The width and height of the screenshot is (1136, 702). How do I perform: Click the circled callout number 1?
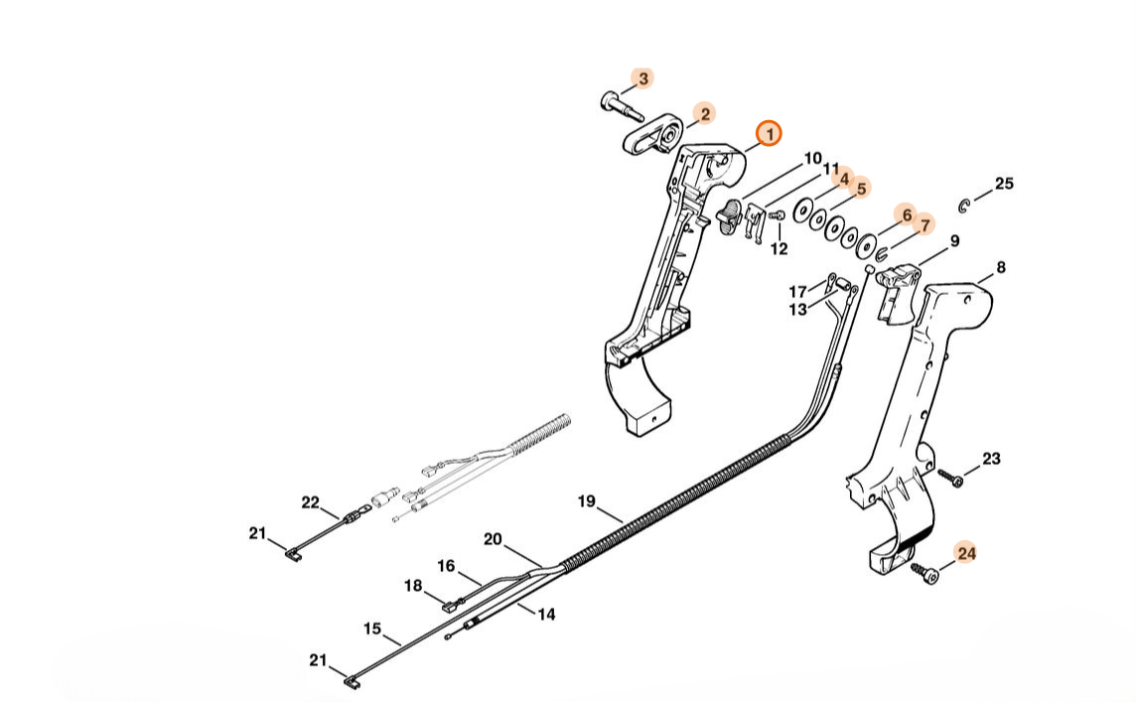[x=770, y=133]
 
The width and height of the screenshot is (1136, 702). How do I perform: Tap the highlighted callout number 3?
[x=643, y=77]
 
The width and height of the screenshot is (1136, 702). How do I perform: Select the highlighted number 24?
[x=966, y=553]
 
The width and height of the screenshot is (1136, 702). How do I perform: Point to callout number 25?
[x=1004, y=184]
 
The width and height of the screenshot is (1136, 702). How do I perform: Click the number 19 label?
[x=586, y=501]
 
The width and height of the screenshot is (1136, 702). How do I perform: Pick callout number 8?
[x=1000, y=267]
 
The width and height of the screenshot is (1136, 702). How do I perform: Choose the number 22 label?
[x=310, y=502]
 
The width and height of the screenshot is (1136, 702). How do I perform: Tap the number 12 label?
[x=780, y=248]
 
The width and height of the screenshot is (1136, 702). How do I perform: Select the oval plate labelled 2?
[x=652, y=137]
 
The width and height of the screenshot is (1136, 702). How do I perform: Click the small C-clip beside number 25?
[x=964, y=205]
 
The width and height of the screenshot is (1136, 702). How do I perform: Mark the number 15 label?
[x=372, y=629]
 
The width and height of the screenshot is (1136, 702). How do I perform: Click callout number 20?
[x=493, y=540]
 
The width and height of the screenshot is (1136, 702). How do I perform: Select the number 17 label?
[x=798, y=292]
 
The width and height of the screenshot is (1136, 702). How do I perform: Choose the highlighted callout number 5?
[x=860, y=187]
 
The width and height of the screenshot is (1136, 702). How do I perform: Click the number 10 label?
[x=813, y=159]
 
